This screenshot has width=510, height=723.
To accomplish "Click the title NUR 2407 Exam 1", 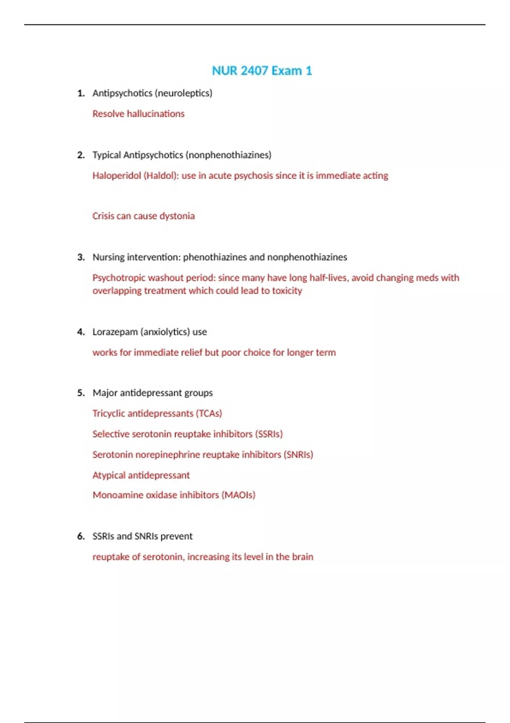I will point(262,71).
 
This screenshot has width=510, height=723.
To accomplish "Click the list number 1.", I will point(81,93).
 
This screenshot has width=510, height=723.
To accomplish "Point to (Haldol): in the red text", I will point(161,176).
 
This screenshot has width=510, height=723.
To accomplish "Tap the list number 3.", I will point(81,257).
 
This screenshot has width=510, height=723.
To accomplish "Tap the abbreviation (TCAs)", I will point(209,413).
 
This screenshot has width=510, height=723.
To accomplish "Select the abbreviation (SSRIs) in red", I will point(269,434).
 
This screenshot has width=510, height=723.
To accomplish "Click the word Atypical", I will point(109,475).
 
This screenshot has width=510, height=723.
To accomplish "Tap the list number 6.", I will point(81,536).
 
